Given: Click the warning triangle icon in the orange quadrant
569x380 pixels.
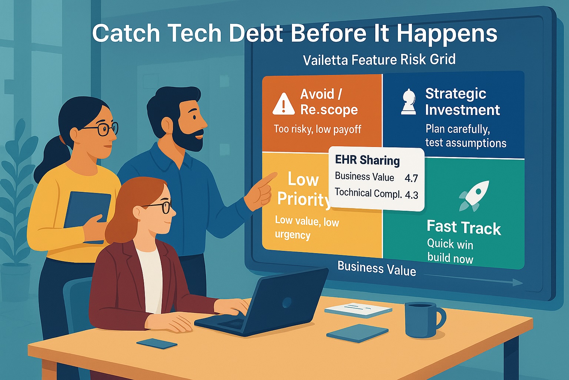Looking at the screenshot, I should point(283,104).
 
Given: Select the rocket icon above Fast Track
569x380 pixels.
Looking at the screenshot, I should point(475,194).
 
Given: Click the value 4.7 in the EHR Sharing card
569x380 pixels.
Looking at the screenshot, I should point(411,178).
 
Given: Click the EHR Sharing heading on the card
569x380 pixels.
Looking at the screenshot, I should point(367,160).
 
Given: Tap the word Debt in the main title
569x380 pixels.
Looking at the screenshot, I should point(256,33).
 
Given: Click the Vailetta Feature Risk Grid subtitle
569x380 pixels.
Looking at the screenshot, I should point(379,60).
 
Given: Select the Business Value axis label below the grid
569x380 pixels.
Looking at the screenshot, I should point(376,268).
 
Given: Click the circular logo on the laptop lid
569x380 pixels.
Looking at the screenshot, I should point(287,303).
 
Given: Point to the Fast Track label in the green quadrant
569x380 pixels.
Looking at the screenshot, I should point(463,227).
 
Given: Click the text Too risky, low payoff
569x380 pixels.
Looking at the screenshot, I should point(317,129).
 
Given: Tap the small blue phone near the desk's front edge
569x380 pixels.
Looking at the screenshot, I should point(157,343).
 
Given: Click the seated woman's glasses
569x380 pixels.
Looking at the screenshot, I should point(162,207).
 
